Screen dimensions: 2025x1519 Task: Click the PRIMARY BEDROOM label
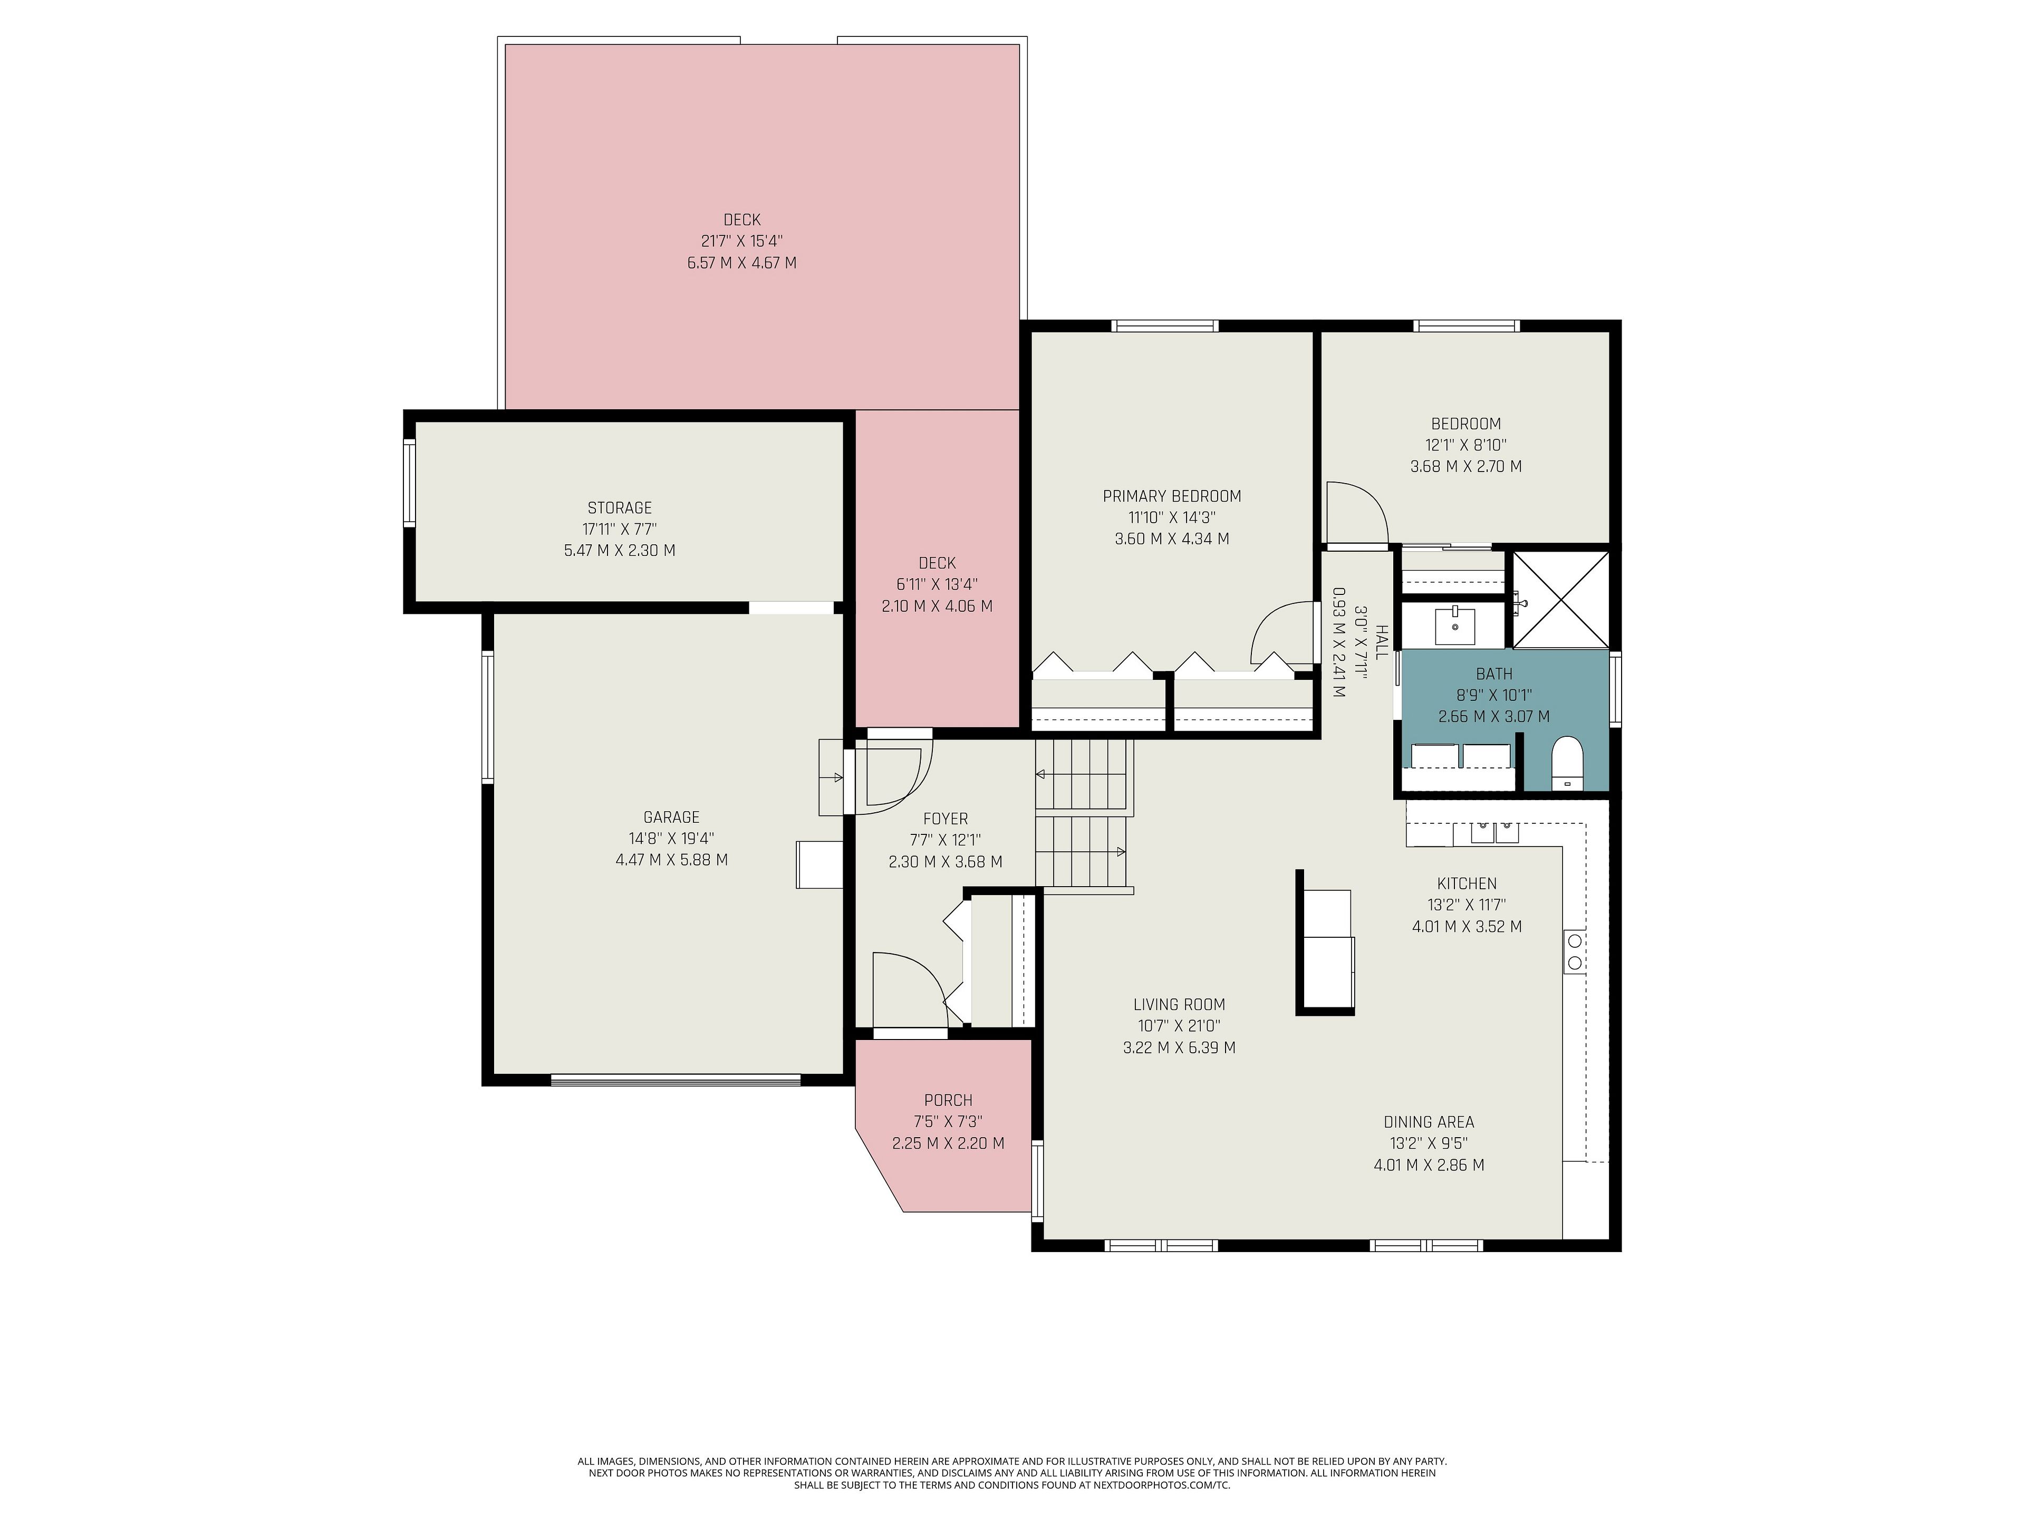1172,496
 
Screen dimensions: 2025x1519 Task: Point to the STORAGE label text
620,508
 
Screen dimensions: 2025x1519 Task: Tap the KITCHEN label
1467,883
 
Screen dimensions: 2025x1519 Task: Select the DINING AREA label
1429,1122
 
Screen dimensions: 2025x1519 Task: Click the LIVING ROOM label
1179,1004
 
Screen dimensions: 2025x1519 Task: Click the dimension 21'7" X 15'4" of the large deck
741,242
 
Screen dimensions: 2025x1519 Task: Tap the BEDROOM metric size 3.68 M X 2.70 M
1465,466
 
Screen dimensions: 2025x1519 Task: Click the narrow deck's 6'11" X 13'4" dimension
937,585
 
